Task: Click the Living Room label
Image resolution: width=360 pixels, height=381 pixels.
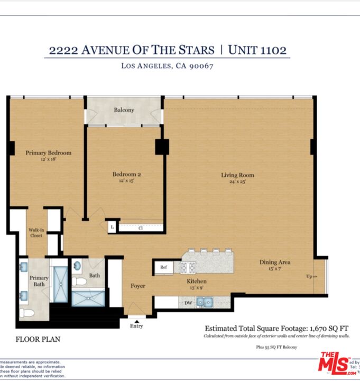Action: (237, 175)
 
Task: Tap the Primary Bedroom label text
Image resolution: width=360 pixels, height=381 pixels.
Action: (49, 153)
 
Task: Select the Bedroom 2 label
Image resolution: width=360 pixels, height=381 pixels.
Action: (126, 174)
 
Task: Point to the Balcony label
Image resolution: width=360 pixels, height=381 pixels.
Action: (124, 110)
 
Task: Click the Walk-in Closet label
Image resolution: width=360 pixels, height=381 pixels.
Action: (35, 233)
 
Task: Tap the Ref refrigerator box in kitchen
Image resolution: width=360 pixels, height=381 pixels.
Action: (163, 268)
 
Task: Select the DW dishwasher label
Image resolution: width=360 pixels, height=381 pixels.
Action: (188, 303)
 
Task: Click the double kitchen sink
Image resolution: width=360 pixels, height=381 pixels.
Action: (205, 302)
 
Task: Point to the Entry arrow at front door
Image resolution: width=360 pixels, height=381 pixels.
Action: (137, 321)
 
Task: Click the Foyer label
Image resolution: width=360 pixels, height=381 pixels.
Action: (138, 286)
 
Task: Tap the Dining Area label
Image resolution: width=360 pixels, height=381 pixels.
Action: (274, 262)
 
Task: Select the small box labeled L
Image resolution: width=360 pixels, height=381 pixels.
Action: (112, 228)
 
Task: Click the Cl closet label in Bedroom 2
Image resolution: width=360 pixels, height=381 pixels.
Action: (141, 228)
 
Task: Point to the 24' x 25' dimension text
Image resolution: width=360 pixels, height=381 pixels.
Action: (237, 182)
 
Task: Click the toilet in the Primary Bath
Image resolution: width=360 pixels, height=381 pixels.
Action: (26, 312)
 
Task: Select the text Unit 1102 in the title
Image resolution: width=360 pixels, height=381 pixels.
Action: (257, 50)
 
